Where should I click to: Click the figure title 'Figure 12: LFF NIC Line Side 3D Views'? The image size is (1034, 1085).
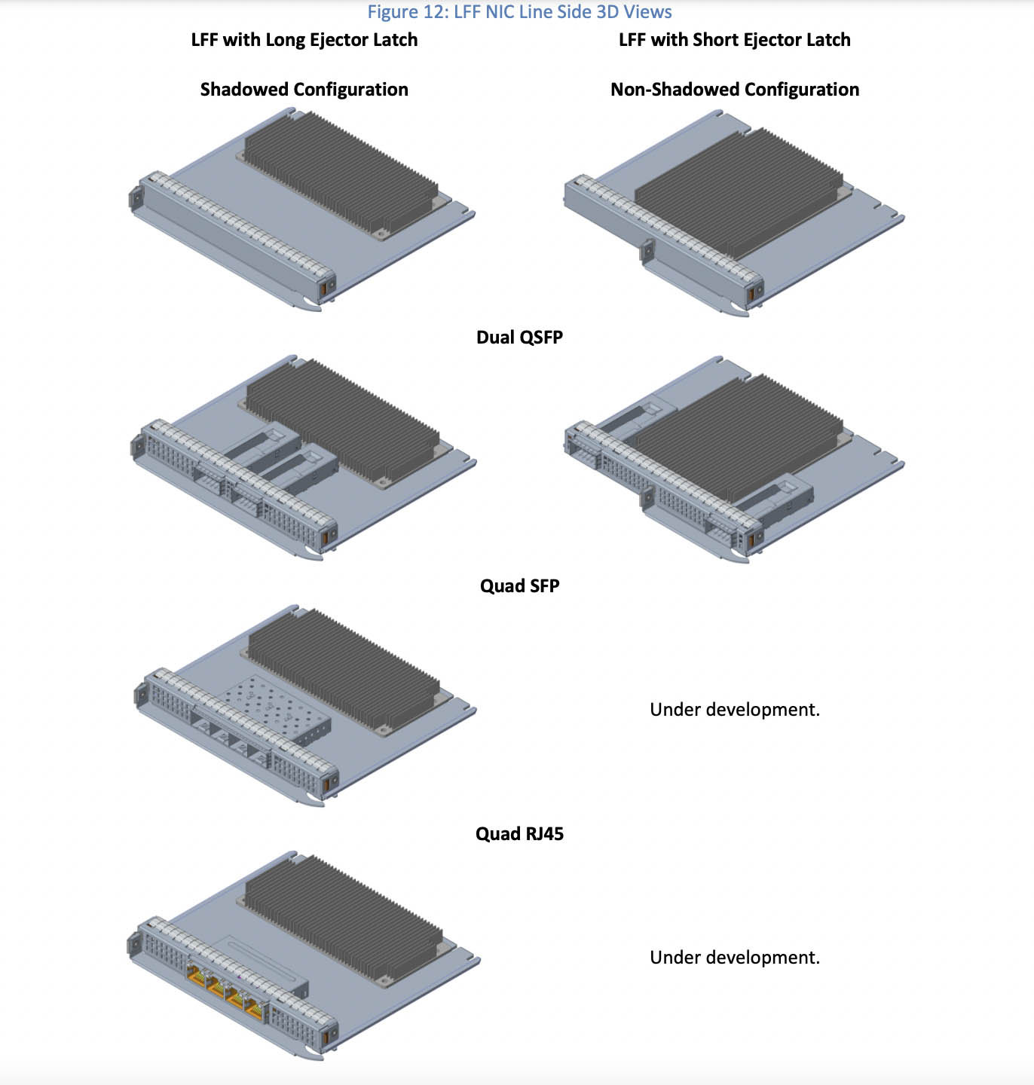tap(519, 11)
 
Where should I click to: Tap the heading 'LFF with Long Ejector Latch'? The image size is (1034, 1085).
tap(304, 40)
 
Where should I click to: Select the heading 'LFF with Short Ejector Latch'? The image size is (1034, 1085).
tap(734, 40)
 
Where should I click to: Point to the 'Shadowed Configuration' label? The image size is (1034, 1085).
tap(304, 90)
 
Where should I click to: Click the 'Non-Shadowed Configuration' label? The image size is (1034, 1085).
tap(735, 90)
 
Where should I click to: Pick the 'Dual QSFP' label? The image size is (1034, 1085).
tap(519, 338)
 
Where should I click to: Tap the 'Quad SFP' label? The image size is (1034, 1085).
tap(519, 585)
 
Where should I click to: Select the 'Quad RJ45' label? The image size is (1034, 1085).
tap(519, 833)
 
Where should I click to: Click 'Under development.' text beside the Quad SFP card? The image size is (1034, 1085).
tap(735, 710)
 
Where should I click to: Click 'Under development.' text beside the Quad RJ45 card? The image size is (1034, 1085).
tap(735, 958)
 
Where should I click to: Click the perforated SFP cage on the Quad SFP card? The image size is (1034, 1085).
tap(274, 708)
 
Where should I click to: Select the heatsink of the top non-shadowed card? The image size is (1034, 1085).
tap(739, 193)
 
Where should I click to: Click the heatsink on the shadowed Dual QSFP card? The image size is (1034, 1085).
tap(343, 420)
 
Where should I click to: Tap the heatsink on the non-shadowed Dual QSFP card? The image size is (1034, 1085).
tap(739, 439)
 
